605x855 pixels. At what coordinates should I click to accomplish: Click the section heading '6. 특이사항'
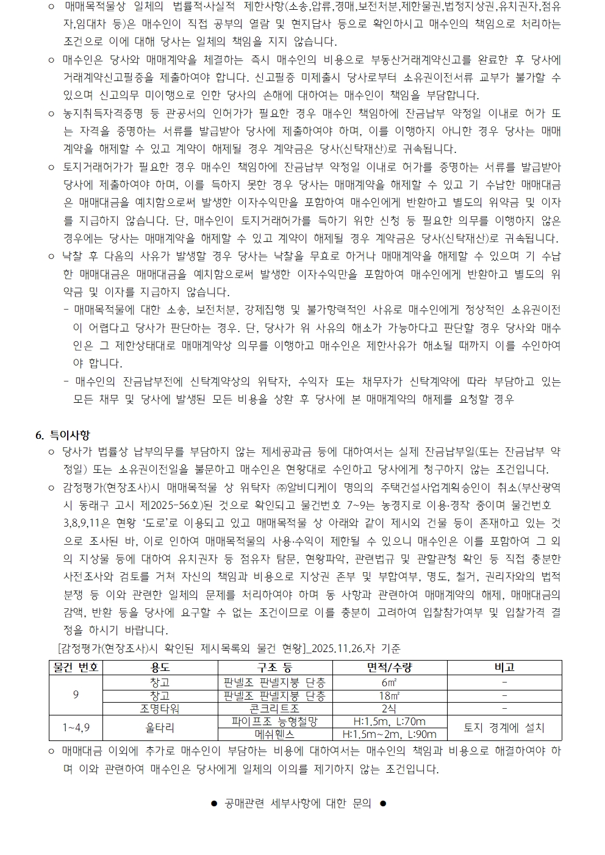coord(63,435)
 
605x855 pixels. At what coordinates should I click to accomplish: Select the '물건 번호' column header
coord(76,667)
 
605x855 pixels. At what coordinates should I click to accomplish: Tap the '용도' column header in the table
coord(160,667)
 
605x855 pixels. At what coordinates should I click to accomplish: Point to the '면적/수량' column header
coord(389,667)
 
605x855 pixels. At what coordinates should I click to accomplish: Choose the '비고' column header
coord(504,667)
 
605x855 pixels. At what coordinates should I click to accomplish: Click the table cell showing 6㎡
coord(389,682)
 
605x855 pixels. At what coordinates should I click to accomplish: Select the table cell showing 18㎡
coord(389,695)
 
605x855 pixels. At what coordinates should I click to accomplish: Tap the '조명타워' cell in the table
coord(160,708)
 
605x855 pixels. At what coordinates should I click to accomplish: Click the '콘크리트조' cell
coord(274,708)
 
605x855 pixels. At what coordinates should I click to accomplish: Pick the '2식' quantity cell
coord(389,708)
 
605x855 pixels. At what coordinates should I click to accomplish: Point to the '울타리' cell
coord(160,728)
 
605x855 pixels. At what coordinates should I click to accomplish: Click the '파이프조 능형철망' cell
coord(274,722)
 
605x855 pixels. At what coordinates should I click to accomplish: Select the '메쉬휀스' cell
coord(274,734)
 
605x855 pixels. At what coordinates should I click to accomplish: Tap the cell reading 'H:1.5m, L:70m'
coord(389,722)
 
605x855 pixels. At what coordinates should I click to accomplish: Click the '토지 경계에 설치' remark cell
coord(504,728)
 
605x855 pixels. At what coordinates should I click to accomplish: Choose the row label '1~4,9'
coord(76,728)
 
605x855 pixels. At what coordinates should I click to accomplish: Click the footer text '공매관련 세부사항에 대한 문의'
coord(298,803)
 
